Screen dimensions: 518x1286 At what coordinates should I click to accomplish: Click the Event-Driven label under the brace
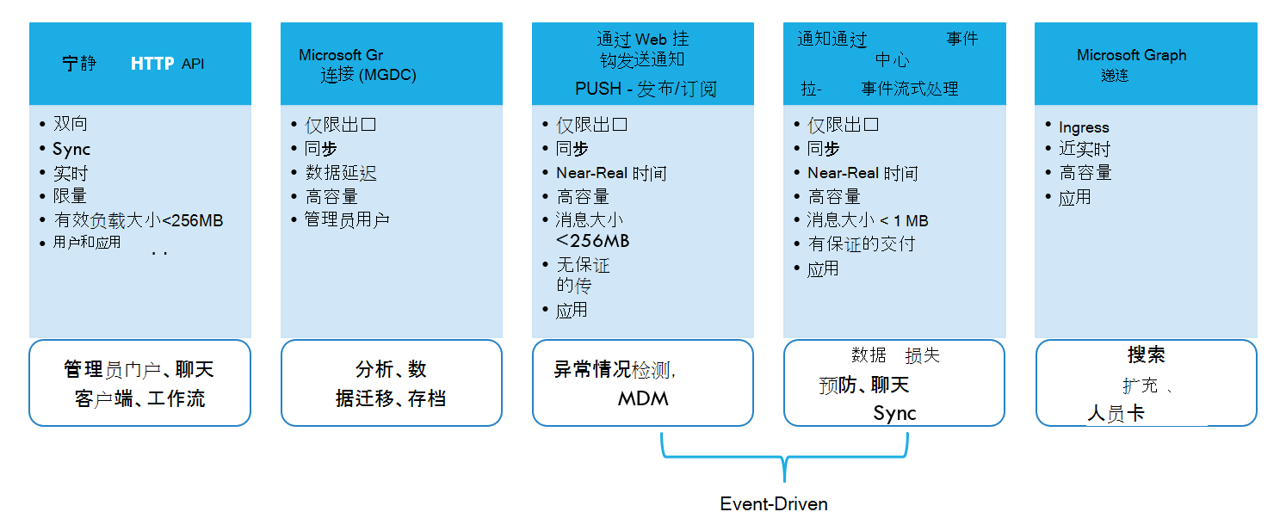[x=774, y=504]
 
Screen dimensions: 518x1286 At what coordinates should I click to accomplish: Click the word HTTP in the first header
[x=152, y=64]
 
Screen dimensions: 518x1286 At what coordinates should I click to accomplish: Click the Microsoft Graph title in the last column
[x=1131, y=55]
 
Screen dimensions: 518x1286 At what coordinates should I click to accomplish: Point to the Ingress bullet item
[x=1084, y=127]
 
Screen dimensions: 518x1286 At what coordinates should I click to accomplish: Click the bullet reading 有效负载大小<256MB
[x=138, y=220]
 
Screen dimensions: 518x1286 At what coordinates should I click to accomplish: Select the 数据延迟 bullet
[x=341, y=173]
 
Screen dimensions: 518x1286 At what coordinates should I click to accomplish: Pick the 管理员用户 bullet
[x=347, y=220]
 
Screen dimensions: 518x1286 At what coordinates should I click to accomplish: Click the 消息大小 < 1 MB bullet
[x=868, y=220]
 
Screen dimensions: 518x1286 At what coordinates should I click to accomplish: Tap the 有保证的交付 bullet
[x=861, y=244]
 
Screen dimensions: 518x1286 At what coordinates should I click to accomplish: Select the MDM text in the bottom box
[x=643, y=398]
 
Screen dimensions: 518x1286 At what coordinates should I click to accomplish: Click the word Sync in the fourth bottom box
[x=894, y=413]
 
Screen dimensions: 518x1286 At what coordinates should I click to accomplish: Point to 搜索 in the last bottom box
[x=1146, y=355]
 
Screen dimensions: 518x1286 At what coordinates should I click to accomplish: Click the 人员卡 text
[x=1116, y=414]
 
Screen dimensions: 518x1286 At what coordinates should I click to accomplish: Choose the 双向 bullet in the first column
[x=71, y=124]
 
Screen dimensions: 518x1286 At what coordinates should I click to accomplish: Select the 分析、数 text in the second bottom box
[x=391, y=370]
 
